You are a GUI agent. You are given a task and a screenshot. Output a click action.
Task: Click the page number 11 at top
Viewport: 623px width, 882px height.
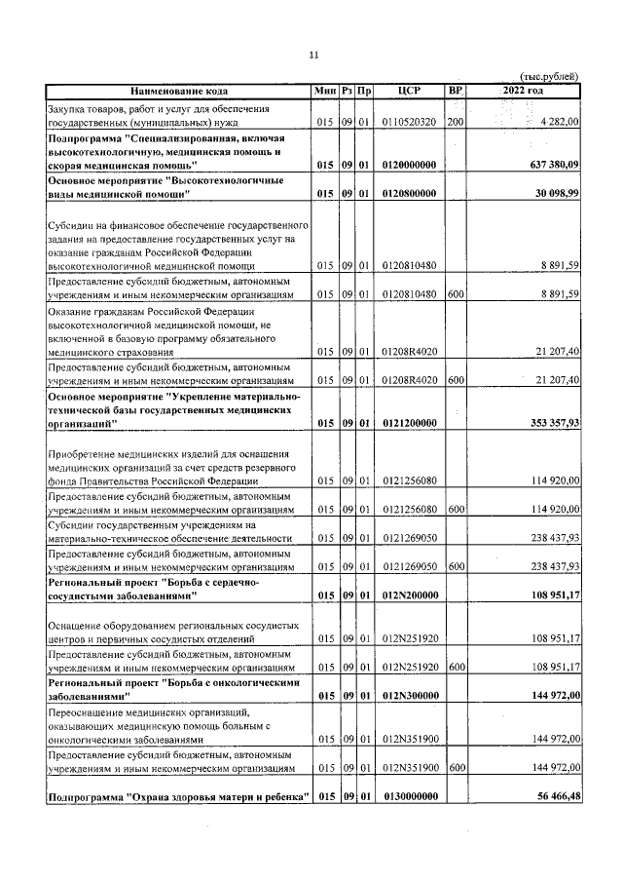[x=312, y=55]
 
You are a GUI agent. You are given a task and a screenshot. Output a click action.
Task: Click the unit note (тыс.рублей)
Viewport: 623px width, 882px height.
[x=550, y=76]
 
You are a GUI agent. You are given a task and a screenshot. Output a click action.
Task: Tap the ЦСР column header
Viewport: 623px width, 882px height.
[x=409, y=90]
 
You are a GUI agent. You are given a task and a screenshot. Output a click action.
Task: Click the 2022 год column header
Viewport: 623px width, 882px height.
[x=523, y=90]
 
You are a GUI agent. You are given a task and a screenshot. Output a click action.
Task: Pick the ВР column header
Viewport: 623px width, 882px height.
[x=455, y=90]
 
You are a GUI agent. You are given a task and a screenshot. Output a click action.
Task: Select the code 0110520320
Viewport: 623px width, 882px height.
[x=409, y=122]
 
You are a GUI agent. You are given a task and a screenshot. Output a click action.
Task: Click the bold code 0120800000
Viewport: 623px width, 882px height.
[x=409, y=194]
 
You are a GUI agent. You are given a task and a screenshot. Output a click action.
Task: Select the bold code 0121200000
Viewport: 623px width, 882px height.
[x=409, y=423]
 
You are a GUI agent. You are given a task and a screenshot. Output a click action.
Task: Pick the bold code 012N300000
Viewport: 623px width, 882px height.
[x=409, y=697]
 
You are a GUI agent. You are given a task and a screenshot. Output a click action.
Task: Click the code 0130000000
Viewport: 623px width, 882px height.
[x=409, y=796]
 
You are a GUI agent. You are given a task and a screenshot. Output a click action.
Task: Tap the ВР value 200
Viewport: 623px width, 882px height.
[x=455, y=122]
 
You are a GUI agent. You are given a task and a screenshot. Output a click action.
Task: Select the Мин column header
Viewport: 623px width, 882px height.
[x=325, y=90]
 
